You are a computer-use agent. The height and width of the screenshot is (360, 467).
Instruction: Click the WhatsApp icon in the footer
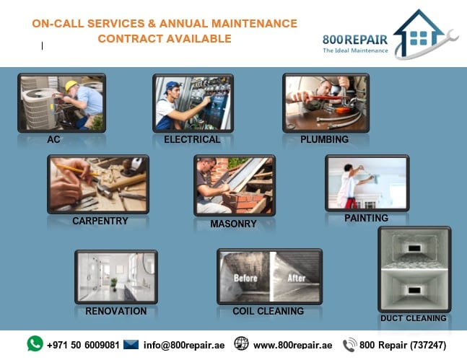35,343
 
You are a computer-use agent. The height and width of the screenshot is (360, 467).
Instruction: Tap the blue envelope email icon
131,345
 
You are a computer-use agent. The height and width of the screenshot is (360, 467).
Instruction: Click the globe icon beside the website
241,343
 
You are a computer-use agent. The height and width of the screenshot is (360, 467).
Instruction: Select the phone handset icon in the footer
349,345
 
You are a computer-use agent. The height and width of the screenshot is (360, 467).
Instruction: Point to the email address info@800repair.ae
184,345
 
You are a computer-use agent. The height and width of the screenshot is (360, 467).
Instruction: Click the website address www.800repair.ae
293,345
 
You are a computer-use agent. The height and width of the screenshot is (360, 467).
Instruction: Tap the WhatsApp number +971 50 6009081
83,345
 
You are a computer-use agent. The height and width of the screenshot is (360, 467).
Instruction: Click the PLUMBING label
324,139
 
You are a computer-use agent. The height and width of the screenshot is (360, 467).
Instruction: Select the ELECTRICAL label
192,139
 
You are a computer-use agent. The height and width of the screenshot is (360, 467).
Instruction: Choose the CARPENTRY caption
100,221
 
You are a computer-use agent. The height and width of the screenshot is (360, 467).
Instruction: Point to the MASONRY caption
234,224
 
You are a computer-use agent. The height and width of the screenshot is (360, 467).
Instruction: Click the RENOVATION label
116,311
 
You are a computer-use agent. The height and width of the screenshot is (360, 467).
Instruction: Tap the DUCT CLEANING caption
414,318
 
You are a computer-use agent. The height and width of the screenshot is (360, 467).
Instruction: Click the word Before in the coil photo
245,278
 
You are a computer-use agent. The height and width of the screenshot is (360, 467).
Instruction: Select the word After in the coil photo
297,278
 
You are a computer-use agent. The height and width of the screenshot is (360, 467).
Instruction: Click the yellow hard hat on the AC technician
71,85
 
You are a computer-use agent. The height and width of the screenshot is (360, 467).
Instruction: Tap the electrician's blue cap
171,87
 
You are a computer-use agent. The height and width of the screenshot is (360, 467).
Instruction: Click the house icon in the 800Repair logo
419,32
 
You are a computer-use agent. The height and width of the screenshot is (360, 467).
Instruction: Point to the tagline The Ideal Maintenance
355,51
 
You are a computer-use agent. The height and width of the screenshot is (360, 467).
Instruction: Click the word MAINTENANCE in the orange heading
254,24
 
